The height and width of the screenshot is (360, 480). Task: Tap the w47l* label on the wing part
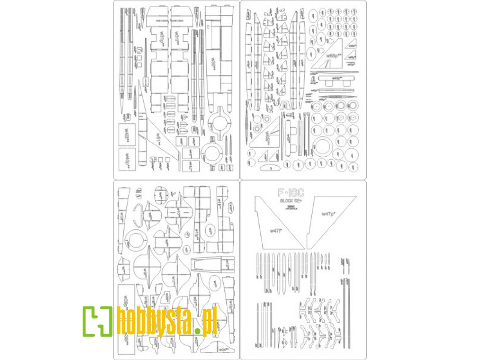click(275, 231)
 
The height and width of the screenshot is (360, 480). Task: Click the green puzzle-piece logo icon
click(97, 321)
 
